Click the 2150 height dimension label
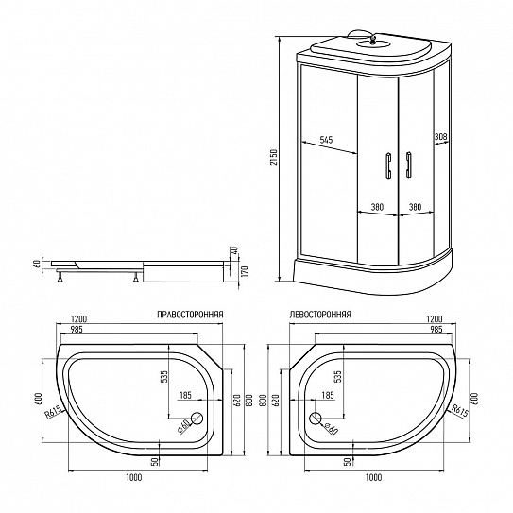tap(274, 158)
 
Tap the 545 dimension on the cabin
tap(326, 140)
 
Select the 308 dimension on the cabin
tap(440, 136)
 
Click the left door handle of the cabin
tap(388, 165)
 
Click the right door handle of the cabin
tap(408, 164)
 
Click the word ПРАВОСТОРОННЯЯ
tap(190, 315)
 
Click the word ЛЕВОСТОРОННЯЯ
tap(320, 315)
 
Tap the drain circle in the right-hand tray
tap(197, 419)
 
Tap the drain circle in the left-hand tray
tap(316, 419)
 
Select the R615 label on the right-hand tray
tap(53, 413)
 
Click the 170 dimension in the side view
tap(246, 271)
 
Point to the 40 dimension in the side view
tap(234, 250)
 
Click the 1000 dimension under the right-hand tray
tap(134, 477)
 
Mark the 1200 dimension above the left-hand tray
tap(435, 318)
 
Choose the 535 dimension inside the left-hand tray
tap(337, 376)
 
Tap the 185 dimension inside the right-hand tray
tap(185, 395)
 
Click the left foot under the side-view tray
tap(60, 277)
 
